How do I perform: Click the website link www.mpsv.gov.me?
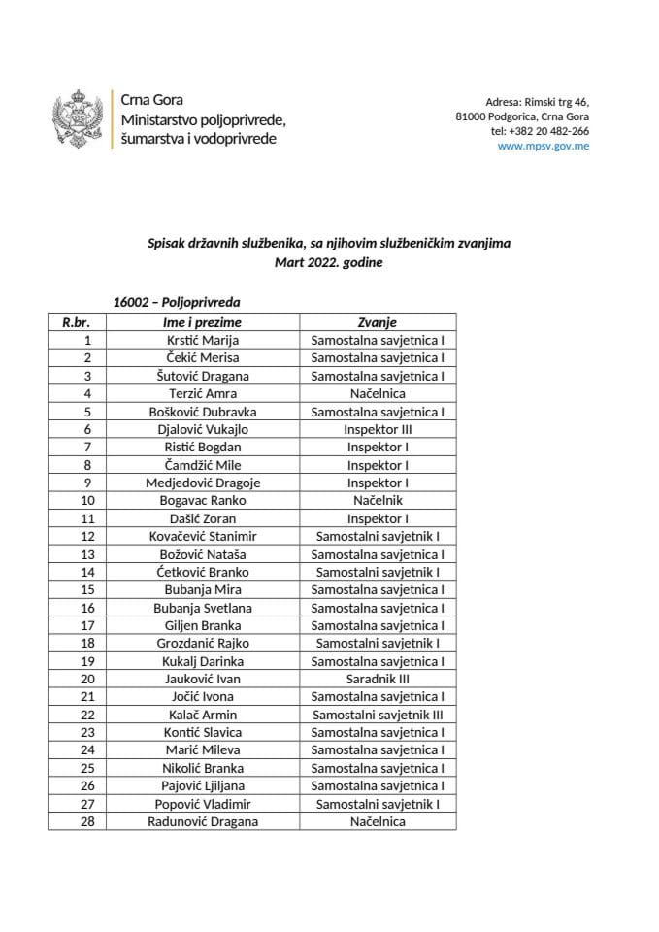(x=543, y=147)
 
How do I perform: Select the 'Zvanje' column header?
(x=378, y=322)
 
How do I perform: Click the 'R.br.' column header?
(x=77, y=322)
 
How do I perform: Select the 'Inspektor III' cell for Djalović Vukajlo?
(x=378, y=429)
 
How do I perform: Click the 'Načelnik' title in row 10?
(x=378, y=500)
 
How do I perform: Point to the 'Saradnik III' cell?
(x=378, y=679)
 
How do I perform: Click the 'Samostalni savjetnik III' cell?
(x=378, y=715)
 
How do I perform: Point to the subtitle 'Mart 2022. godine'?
(x=329, y=262)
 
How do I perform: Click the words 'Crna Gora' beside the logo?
(x=151, y=100)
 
